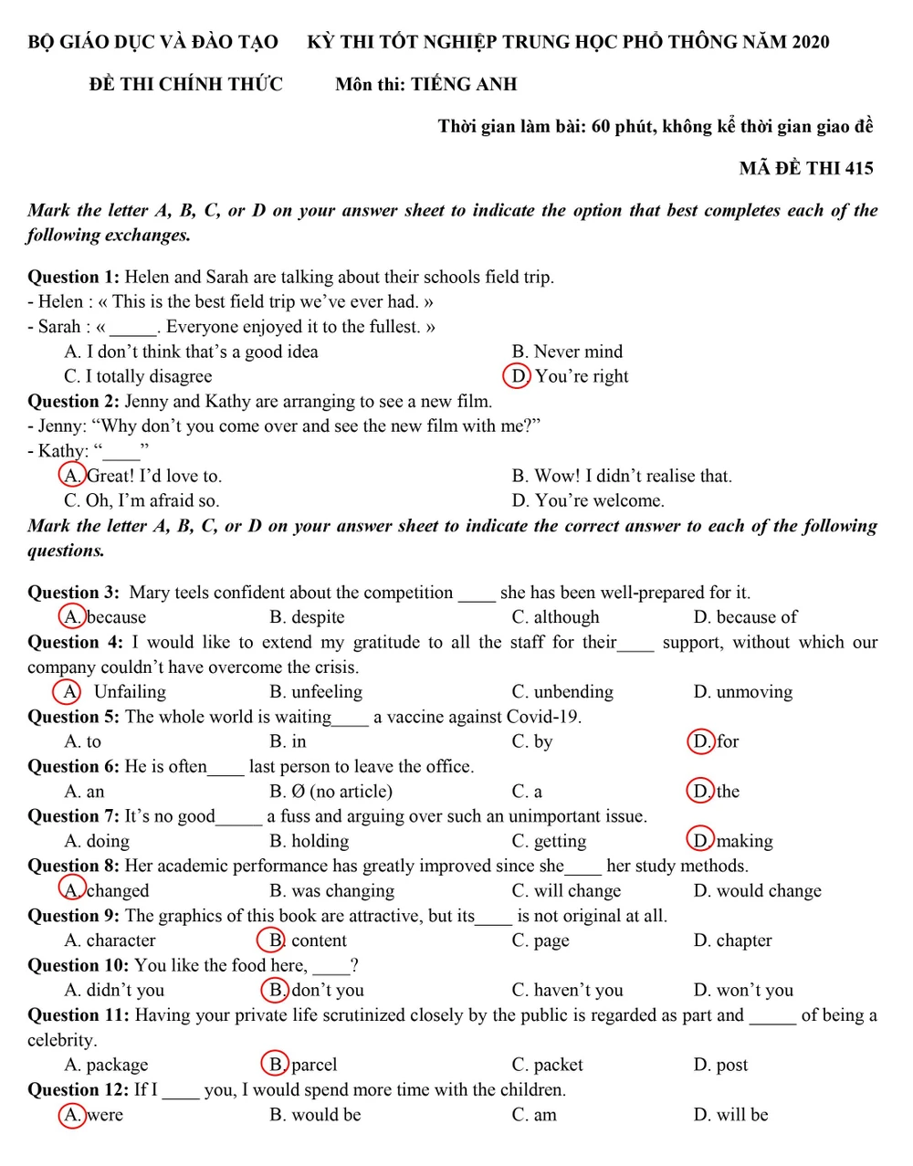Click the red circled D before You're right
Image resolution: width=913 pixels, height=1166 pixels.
pos(517,376)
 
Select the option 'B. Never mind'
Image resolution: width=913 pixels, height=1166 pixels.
pos(567,352)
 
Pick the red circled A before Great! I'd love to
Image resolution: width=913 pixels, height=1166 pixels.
pos(71,476)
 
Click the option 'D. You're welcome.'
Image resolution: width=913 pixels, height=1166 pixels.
pos(588,500)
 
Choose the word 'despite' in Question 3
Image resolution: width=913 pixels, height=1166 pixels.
pos(318,617)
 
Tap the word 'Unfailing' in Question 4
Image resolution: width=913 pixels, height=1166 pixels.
pos(130,692)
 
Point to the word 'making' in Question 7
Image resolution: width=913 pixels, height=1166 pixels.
pos(745,841)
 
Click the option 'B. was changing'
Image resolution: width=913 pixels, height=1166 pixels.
pos(331,891)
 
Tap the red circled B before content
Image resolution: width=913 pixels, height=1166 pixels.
pos(272,940)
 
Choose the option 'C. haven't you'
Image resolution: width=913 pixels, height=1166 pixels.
pos(567,991)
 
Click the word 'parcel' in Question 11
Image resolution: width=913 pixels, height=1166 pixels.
pos(314,1065)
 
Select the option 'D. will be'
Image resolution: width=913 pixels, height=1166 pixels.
pos(730,1115)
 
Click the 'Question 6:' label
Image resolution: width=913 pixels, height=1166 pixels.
pos(73,767)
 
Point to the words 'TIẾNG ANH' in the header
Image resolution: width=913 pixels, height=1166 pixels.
pos(464,85)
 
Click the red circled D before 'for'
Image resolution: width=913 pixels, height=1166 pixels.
pos(700,741)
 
